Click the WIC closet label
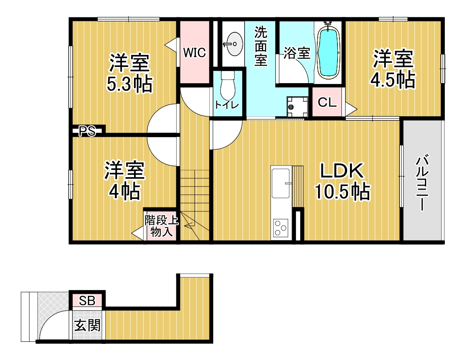pos(194,53)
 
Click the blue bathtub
pos(329,53)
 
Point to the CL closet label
pos(327,102)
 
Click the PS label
pos(87,131)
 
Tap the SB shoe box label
pos(87,301)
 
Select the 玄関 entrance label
pos(87,325)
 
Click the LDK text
pos(341,171)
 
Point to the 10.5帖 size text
pos(343,191)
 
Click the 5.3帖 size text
pos(130,84)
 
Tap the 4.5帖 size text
pos(393,80)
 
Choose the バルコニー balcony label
pos(422,182)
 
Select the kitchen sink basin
pos(281,183)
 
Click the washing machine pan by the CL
pos(297,107)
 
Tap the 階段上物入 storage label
pos(162,226)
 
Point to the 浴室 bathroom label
pos(297,53)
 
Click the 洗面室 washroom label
pos(260,46)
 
